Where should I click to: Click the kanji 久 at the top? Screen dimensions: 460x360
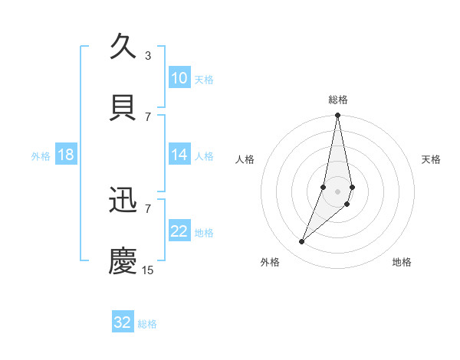123,47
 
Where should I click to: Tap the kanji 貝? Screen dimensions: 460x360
123,107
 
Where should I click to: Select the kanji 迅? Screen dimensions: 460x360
123,200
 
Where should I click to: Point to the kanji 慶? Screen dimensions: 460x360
123,260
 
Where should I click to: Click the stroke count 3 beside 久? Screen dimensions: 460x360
147,55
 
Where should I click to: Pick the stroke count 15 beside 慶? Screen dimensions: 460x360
148,270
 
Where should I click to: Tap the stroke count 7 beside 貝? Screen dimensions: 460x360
147,116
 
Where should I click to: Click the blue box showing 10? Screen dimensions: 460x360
179,78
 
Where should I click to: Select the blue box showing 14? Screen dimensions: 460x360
179,155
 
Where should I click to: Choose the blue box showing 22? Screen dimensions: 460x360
179,231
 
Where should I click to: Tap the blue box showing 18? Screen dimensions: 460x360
66,155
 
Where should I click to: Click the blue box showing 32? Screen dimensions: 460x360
123,322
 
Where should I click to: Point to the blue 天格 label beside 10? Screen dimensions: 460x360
204,79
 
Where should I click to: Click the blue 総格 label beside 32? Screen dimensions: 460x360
147,323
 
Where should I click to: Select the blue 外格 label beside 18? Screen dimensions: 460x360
41,155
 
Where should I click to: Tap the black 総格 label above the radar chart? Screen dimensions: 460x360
337,100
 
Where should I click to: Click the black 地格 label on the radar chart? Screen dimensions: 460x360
402,262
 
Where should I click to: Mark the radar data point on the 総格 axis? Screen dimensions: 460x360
337,116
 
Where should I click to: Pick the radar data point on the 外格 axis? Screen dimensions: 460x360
301,242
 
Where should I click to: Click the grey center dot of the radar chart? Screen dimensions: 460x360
337,191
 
